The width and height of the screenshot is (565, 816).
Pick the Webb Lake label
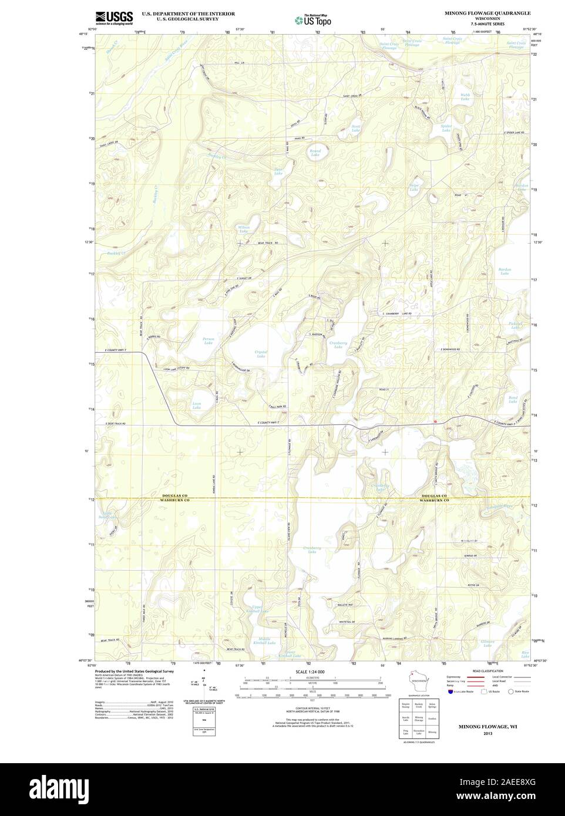click(x=465, y=97)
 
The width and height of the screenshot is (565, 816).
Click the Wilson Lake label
click(x=244, y=229)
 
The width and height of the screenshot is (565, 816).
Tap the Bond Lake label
click(x=513, y=400)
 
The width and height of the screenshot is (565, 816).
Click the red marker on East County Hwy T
click(x=435, y=422)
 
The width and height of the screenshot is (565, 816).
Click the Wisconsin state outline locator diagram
click(x=418, y=682)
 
